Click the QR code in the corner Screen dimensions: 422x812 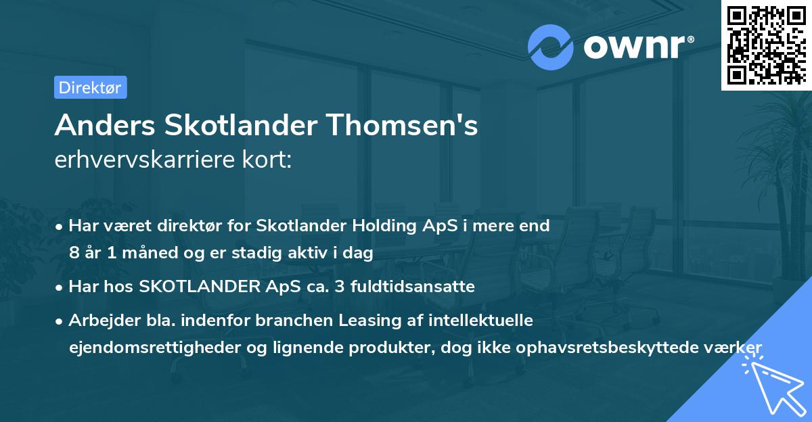point(766,45)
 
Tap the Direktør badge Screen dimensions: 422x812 point(90,87)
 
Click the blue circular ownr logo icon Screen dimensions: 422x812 point(550,47)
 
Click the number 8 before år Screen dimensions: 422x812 point(73,254)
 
